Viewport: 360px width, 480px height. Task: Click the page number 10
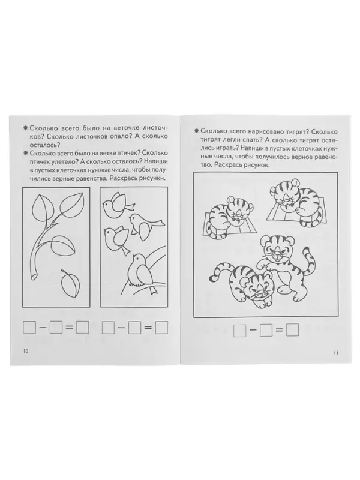pyautogui.click(x=25, y=352)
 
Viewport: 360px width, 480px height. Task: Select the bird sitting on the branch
pyautogui.click(x=141, y=271)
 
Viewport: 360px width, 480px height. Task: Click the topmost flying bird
pyautogui.click(x=118, y=205)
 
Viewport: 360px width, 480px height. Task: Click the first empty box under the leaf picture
pyautogui.click(x=29, y=328)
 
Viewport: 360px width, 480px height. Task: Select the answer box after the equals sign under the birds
pyautogui.click(x=161, y=328)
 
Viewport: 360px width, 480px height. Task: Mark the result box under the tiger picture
pyautogui.click(x=292, y=331)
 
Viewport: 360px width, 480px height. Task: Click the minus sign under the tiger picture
pyautogui.click(x=253, y=331)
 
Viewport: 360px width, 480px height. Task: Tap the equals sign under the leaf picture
pyautogui.click(x=70, y=328)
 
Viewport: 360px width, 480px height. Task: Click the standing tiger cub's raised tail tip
pyautogui.click(x=305, y=252)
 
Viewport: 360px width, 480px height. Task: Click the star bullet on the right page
pyautogui.click(x=197, y=131)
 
